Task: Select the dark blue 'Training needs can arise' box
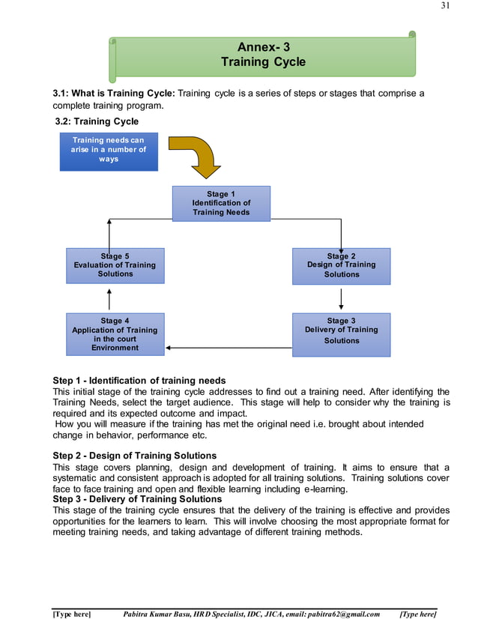(x=109, y=151)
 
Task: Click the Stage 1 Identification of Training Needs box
(x=221, y=203)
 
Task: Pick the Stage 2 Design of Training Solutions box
(x=341, y=265)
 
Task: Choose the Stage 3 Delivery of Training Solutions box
(x=341, y=333)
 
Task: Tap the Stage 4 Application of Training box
(x=115, y=333)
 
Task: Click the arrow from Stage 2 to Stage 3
(x=342, y=298)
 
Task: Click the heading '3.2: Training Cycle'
(x=97, y=121)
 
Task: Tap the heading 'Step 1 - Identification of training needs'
(x=139, y=381)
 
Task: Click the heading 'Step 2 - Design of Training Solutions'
(x=135, y=456)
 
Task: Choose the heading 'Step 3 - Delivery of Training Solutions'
(x=137, y=499)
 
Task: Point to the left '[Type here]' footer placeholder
(x=71, y=614)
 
